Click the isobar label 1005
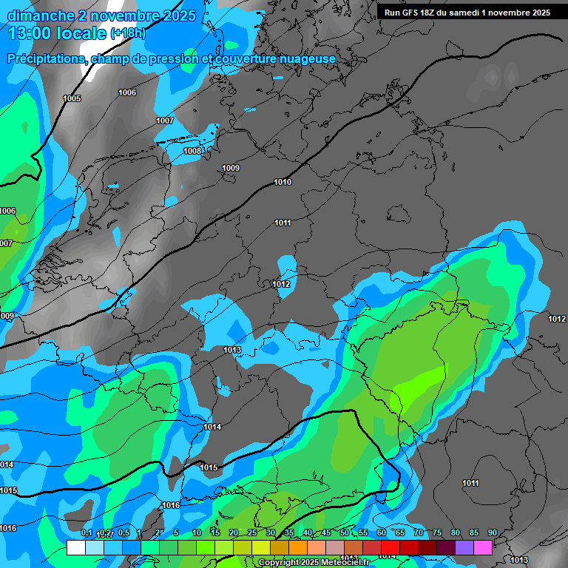(72, 98)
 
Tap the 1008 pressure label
(192, 151)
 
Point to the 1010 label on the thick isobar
(283, 182)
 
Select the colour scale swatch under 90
(483, 548)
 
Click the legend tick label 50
(345, 533)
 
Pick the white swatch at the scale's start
(75, 548)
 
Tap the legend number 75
(437, 533)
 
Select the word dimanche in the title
(37, 16)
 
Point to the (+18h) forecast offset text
(128, 33)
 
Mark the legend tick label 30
(271, 533)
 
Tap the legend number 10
(197, 533)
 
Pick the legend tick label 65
(400, 533)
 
